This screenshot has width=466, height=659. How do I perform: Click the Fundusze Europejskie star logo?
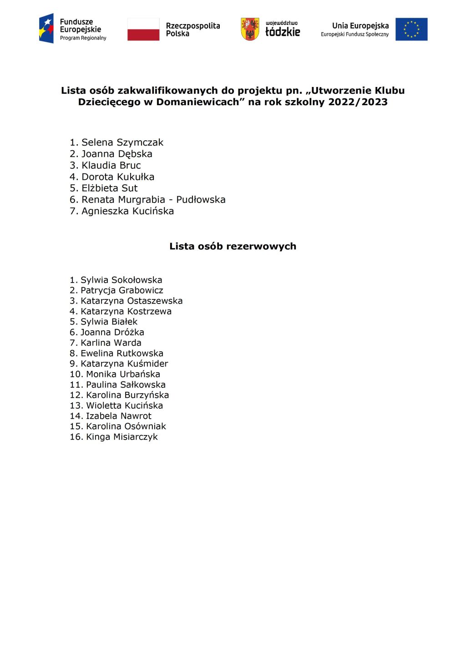[x=46, y=28]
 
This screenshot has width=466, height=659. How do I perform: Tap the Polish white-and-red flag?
[x=143, y=30]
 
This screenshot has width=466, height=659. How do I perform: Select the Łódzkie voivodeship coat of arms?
[x=250, y=29]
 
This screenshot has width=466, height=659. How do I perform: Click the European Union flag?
[x=411, y=29]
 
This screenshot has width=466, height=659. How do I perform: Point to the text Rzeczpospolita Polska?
[x=192, y=30]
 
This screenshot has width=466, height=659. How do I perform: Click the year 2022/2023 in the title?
[x=358, y=102]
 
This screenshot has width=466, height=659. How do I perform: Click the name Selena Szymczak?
[x=122, y=142]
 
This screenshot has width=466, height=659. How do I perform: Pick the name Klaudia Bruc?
[x=111, y=165]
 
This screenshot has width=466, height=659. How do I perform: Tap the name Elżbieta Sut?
[x=109, y=188]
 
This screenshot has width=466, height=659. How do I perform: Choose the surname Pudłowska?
[x=201, y=199]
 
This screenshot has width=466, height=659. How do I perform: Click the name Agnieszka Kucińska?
[x=127, y=211]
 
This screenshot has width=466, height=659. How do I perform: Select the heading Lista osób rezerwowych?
[x=233, y=246]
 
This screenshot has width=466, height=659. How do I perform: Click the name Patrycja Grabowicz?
[x=122, y=290]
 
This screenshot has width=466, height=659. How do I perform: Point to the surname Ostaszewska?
[x=155, y=301]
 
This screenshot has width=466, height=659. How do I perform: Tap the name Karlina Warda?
[x=111, y=343]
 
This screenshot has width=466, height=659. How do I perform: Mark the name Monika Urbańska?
[x=123, y=374]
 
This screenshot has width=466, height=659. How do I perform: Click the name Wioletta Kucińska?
[x=124, y=406]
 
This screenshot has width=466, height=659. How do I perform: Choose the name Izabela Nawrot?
[x=118, y=416]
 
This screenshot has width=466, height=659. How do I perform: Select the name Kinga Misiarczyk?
[x=122, y=437]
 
